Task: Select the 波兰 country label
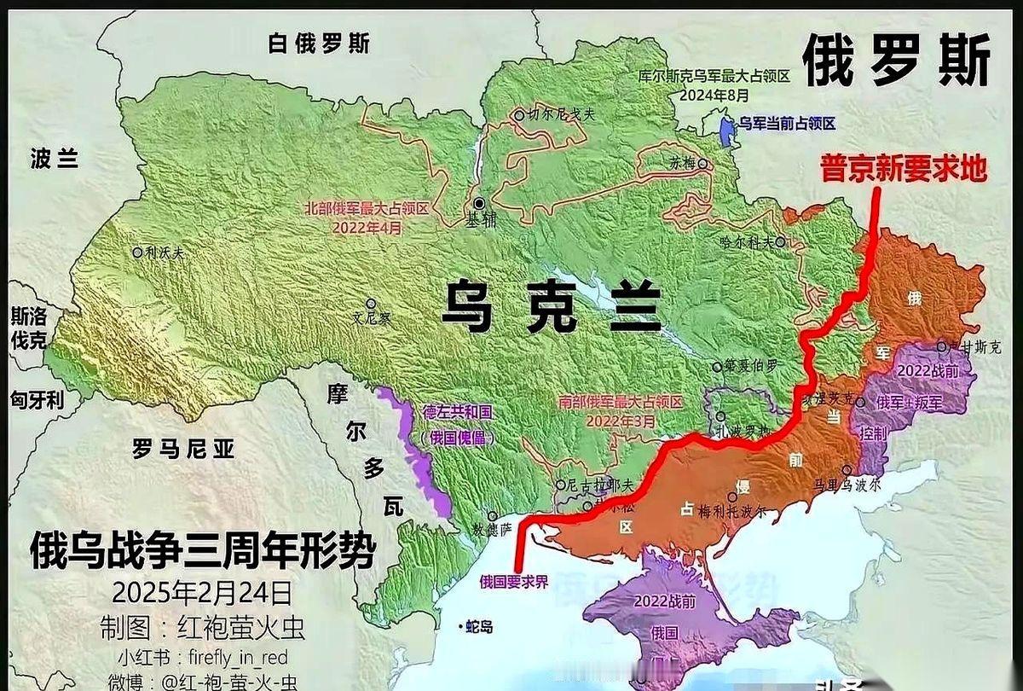point(55,159)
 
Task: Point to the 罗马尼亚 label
point(183,448)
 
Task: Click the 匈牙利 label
point(37,399)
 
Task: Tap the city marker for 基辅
point(481,203)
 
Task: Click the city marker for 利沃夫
point(136,253)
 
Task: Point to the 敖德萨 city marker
point(492,516)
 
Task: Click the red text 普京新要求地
point(903,168)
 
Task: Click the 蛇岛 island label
point(480,628)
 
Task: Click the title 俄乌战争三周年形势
point(202,550)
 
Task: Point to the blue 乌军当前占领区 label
point(786,124)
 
